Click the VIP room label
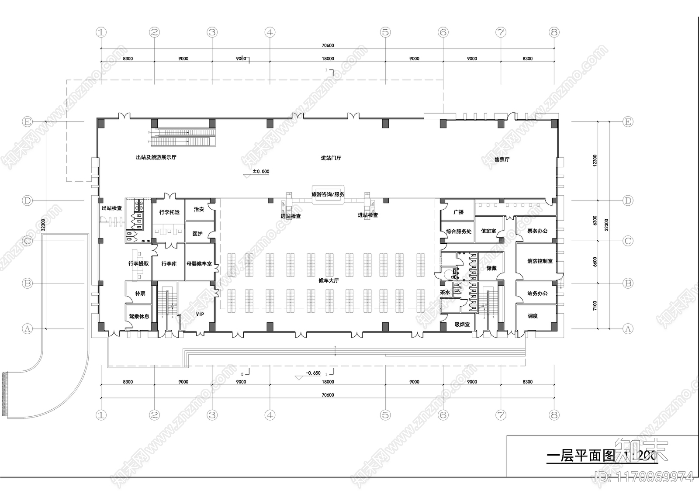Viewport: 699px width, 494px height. click(x=200, y=314)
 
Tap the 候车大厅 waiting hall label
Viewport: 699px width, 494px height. click(x=328, y=280)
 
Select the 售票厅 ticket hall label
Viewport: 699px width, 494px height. click(x=502, y=159)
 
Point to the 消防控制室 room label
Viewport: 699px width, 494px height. click(x=540, y=261)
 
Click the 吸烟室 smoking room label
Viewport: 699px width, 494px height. click(x=462, y=325)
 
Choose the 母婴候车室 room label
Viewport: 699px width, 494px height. click(x=199, y=264)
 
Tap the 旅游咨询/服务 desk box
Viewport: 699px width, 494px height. click(x=328, y=194)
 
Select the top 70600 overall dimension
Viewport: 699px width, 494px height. click(x=328, y=45)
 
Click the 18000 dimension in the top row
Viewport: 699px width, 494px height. click(x=328, y=59)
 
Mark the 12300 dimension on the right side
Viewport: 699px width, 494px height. click(x=595, y=160)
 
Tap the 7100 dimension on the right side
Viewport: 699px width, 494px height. click(x=595, y=305)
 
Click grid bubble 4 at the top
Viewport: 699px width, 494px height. click(x=270, y=32)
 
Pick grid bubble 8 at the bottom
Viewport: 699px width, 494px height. click(x=554, y=415)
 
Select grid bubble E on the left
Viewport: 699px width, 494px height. click(x=28, y=122)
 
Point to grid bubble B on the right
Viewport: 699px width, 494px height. click(x=627, y=283)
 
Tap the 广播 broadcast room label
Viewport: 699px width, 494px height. click(x=458, y=212)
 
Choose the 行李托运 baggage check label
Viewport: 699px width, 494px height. click(x=169, y=212)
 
